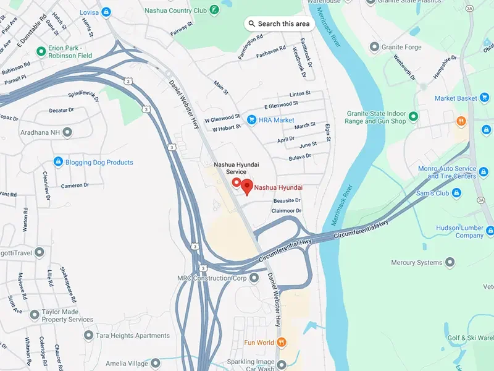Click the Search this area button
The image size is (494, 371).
click(x=279, y=23)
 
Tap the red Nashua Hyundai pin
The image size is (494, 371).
click(x=247, y=185)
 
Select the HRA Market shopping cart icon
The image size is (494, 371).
click(x=251, y=119)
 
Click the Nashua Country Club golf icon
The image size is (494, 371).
click(x=213, y=11)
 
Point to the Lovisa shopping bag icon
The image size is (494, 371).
click(x=106, y=11)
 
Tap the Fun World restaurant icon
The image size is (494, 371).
click(x=282, y=342)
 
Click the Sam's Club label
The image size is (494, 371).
click(x=433, y=194)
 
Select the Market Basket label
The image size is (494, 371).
click(x=456, y=98)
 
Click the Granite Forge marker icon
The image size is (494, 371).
click(x=374, y=46)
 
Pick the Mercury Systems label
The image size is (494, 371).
click(x=417, y=263)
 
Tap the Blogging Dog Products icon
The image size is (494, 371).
click(x=58, y=162)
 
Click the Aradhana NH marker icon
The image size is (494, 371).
click(x=67, y=132)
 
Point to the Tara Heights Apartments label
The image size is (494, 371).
click(x=133, y=336)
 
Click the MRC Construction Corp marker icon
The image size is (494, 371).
click(x=254, y=278)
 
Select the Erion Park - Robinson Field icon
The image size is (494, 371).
click(x=41, y=51)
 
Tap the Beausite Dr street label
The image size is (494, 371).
click(x=287, y=200)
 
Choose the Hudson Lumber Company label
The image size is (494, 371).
click(x=459, y=231)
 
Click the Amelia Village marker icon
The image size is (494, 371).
click(x=156, y=362)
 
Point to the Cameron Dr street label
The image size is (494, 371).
click(x=74, y=185)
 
